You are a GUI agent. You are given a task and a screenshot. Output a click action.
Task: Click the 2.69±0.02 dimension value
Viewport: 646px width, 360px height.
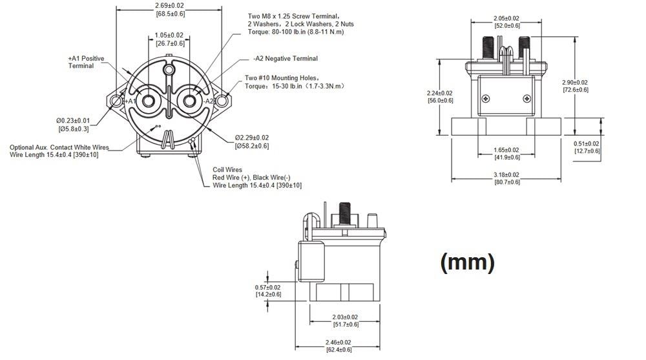point(170,5)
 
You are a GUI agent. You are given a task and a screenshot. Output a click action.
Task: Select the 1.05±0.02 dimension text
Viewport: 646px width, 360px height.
point(169,36)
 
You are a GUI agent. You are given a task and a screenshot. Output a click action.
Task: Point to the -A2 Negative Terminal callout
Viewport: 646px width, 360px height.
point(286,59)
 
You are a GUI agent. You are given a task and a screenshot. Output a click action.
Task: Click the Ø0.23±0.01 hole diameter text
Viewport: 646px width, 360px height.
point(72,120)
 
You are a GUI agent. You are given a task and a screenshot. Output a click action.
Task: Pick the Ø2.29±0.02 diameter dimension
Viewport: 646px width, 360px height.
point(252,138)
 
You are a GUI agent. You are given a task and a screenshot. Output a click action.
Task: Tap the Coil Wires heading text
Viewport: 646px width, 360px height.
point(227,170)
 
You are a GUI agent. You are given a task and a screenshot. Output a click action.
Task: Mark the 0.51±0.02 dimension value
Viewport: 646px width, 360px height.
point(587,143)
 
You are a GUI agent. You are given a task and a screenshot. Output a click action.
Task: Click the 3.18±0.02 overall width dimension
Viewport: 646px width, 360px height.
point(506,175)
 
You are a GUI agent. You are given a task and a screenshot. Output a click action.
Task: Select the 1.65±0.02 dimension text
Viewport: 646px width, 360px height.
point(506,150)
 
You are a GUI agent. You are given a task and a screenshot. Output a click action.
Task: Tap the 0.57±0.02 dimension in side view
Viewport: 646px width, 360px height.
point(268,287)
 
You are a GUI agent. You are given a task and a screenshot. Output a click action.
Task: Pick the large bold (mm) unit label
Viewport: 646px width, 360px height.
point(467,262)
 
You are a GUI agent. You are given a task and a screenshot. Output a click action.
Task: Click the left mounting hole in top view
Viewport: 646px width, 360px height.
point(116,101)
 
